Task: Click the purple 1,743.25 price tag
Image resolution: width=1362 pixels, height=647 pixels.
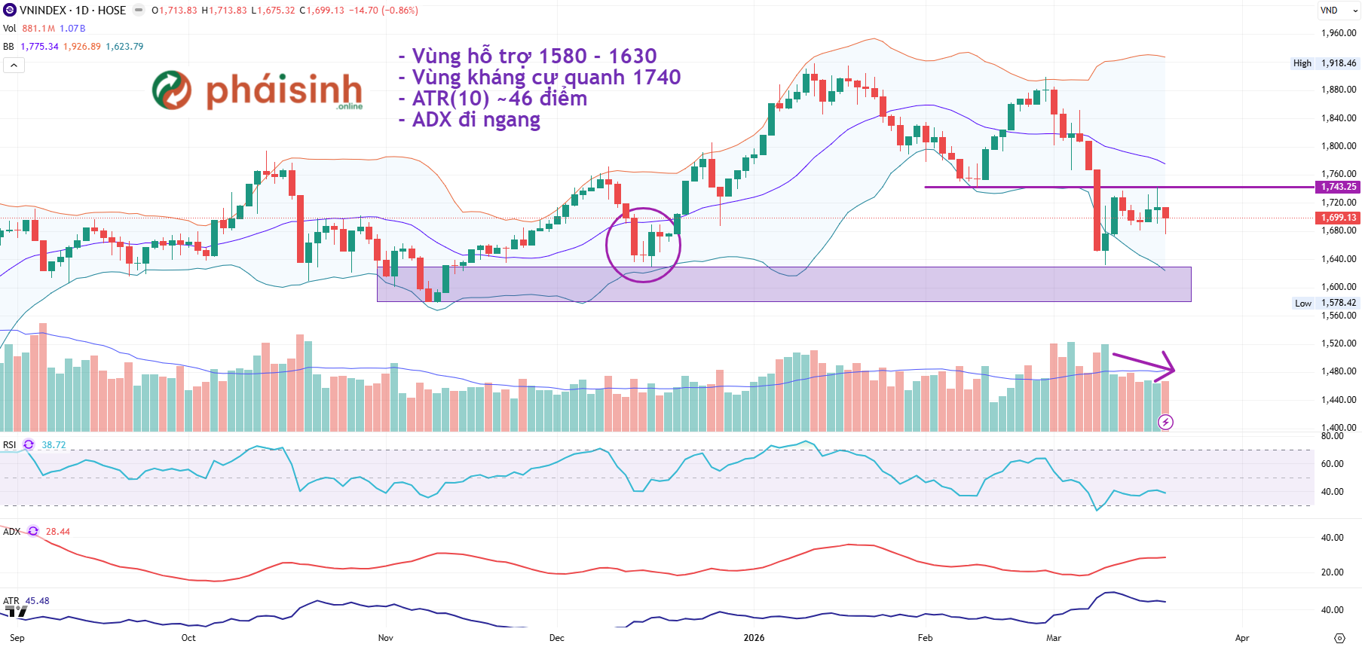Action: pyautogui.click(x=1338, y=187)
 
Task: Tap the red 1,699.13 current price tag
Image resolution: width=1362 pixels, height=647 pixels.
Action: pyautogui.click(x=1338, y=218)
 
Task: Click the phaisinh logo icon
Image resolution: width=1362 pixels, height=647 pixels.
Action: pyautogui.click(x=172, y=90)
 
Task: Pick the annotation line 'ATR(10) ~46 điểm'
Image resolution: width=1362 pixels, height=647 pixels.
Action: pyautogui.click(x=493, y=99)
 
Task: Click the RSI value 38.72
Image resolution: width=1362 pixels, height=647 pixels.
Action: pyautogui.click(x=54, y=445)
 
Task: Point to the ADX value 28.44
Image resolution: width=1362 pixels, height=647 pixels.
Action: pyautogui.click(x=58, y=532)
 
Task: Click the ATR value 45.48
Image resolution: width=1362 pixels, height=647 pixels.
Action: pyautogui.click(x=38, y=601)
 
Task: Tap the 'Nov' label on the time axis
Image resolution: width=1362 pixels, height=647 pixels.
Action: pyautogui.click(x=385, y=638)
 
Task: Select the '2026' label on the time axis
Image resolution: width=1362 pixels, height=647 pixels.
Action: pyautogui.click(x=753, y=638)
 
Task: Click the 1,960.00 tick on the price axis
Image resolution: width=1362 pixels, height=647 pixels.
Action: pyautogui.click(x=1338, y=33)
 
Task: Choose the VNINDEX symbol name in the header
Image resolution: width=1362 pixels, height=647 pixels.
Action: pyautogui.click(x=43, y=11)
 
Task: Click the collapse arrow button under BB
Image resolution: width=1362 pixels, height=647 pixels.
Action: pyautogui.click(x=14, y=66)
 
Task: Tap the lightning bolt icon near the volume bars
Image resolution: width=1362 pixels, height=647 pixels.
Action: pyautogui.click(x=1165, y=422)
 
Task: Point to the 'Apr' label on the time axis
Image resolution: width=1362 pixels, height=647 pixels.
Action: pyautogui.click(x=1241, y=638)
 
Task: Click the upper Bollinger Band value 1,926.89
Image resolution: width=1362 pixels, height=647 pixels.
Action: pyautogui.click(x=81, y=47)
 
